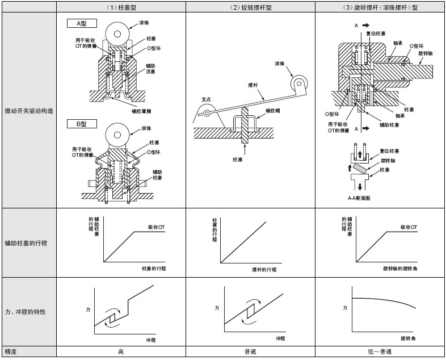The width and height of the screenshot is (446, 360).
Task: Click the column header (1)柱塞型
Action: (x=121, y=7)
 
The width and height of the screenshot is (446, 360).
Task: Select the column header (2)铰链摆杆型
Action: (x=250, y=7)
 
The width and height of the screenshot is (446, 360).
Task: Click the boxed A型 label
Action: (x=81, y=23)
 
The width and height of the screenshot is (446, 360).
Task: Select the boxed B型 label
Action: (x=81, y=124)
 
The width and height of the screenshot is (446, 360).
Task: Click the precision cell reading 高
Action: (x=121, y=352)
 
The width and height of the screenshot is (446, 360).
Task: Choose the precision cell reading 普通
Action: (x=250, y=352)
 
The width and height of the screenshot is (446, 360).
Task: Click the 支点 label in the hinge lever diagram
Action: (x=207, y=99)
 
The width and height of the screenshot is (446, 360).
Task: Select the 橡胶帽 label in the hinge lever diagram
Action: (x=274, y=111)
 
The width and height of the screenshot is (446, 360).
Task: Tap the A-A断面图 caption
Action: (x=359, y=198)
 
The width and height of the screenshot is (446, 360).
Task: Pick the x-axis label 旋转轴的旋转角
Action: (x=400, y=267)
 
